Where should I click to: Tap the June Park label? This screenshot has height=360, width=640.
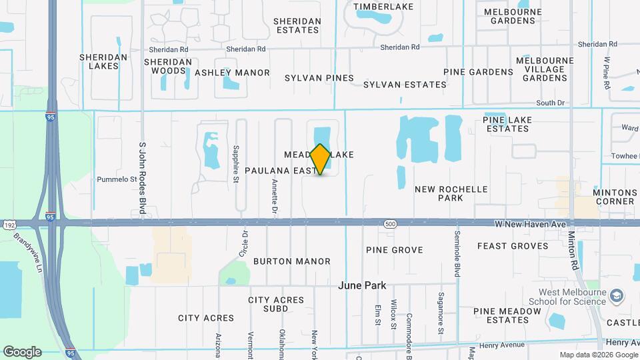362,285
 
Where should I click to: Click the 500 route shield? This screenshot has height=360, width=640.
390,225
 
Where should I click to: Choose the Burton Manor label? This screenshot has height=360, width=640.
291,261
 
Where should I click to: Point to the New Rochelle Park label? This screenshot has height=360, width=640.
451,193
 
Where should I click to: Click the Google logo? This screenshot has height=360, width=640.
22,351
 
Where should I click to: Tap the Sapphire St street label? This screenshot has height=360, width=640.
236,164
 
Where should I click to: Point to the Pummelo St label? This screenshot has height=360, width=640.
117,179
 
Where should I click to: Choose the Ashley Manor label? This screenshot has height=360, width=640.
232,73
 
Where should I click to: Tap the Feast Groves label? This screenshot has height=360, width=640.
513,246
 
